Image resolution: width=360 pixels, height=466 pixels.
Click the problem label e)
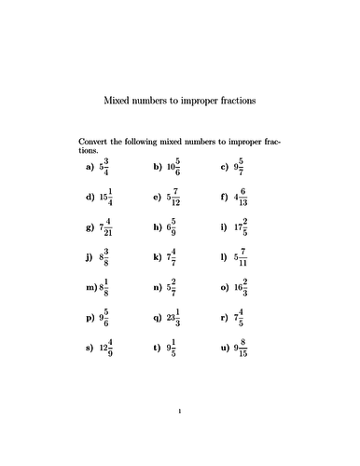click(156, 198)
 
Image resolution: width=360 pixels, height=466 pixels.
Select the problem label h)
click(156, 227)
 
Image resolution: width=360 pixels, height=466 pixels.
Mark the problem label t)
click(156, 347)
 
